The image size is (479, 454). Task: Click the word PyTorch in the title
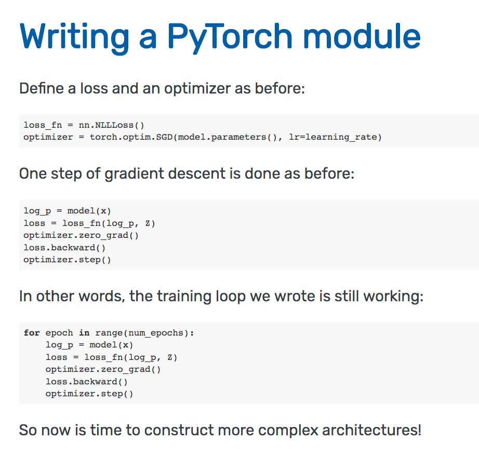coord(230,37)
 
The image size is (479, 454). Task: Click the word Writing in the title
coord(74,37)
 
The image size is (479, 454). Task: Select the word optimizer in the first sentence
coord(197,89)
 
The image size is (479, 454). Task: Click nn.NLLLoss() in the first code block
coord(111,125)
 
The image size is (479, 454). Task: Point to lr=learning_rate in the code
coord(335,137)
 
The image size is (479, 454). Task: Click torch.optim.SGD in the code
coord(131,137)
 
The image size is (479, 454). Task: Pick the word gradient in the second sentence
coord(134,174)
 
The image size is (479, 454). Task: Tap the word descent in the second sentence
coord(197,173)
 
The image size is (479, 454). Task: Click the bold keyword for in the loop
coord(32,333)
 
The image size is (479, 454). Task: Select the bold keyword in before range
coord(84,333)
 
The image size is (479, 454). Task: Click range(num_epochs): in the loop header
coord(144,333)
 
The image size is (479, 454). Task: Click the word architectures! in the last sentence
coord(372,430)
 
